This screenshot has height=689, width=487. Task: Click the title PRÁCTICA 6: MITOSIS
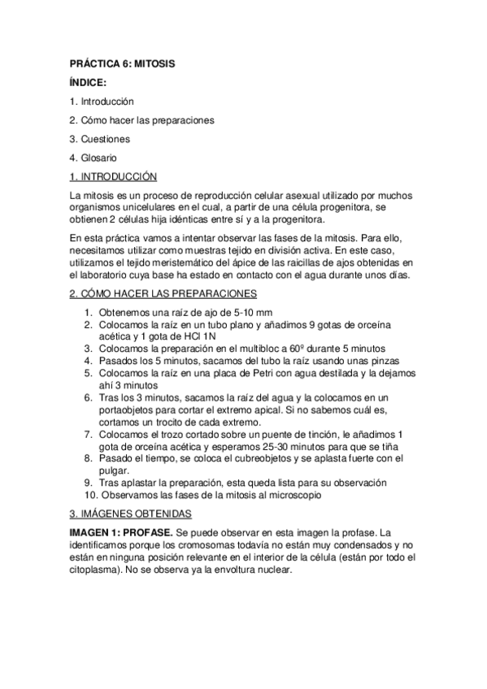[x=121, y=62]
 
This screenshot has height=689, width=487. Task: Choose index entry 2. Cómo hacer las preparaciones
[x=141, y=120]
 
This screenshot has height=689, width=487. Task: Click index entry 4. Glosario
[x=93, y=158]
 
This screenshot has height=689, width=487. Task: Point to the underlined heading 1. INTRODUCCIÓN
[x=114, y=177]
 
